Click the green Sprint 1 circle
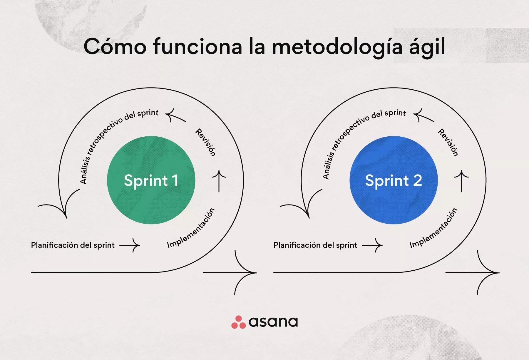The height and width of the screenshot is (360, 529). pyautogui.click(x=151, y=180)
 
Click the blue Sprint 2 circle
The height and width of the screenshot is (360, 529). pyautogui.click(x=394, y=180)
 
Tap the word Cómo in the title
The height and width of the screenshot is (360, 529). pyautogui.click(x=115, y=46)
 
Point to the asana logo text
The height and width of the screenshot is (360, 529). pyautogui.click(x=273, y=322)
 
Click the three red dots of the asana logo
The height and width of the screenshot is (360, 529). pyautogui.click(x=238, y=322)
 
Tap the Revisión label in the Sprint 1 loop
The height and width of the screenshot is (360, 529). pyautogui.click(x=206, y=142)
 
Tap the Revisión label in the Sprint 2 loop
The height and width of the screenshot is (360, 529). pyautogui.click(x=448, y=142)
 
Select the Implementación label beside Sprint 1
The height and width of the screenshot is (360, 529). pyautogui.click(x=191, y=228)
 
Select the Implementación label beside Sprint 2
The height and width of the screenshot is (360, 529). pyautogui.click(x=434, y=228)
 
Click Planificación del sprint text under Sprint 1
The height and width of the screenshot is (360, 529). pyautogui.click(x=73, y=245)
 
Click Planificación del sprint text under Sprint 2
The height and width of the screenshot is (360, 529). pyautogui.click(x=315, y=245)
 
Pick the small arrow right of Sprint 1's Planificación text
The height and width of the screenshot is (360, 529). pyautogui.click(x=130, y=245)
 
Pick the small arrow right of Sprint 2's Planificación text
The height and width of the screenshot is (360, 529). pyautogui.click(x=372, y=245)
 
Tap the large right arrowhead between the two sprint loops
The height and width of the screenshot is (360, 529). pyautogui.click(x=245, y=272)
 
